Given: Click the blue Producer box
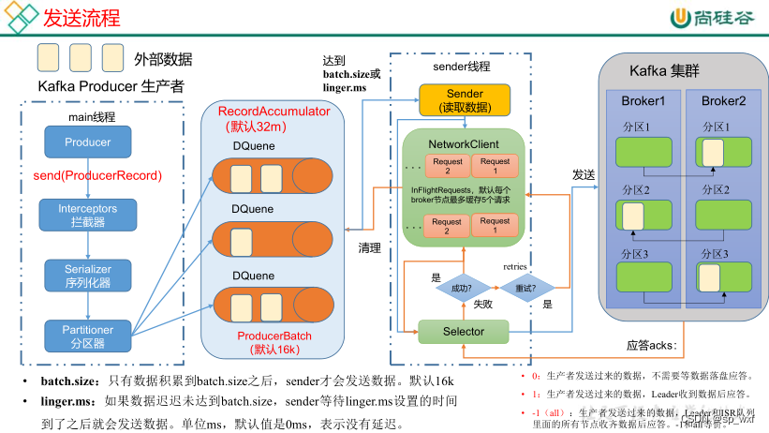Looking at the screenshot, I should pos(87,142).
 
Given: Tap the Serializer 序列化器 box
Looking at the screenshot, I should pos(87,275).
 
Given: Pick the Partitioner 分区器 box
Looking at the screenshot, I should pos(87,336).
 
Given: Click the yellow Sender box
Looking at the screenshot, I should pos(465,100).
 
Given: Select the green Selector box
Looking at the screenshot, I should pos(464,332).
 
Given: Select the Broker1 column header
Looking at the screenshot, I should pos(643,101).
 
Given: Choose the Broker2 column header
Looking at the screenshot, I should pos(724,101).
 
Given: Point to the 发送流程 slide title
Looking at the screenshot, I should pos(81,18).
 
